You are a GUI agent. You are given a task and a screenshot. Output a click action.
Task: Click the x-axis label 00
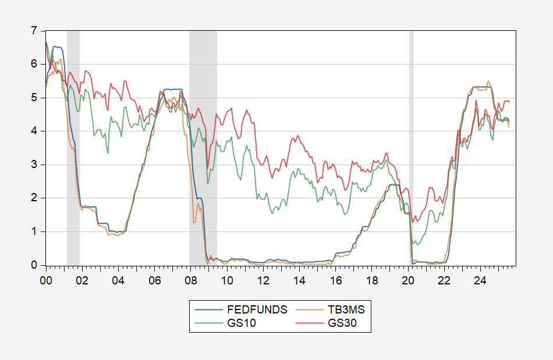tap(46, 280)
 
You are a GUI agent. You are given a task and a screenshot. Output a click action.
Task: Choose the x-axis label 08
tap(190, 280)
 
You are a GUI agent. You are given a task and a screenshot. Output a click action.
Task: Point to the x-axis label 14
tap(299, 280)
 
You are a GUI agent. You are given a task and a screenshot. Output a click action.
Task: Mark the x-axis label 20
tap(407, 280)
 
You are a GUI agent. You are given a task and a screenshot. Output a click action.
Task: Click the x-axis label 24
tap(480, 280)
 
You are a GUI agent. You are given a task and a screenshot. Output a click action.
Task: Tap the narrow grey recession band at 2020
tap(411, 145)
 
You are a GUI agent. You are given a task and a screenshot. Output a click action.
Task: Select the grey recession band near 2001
tap(73, 145)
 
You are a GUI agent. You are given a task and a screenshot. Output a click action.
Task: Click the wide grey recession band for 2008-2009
tap(203, 145)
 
